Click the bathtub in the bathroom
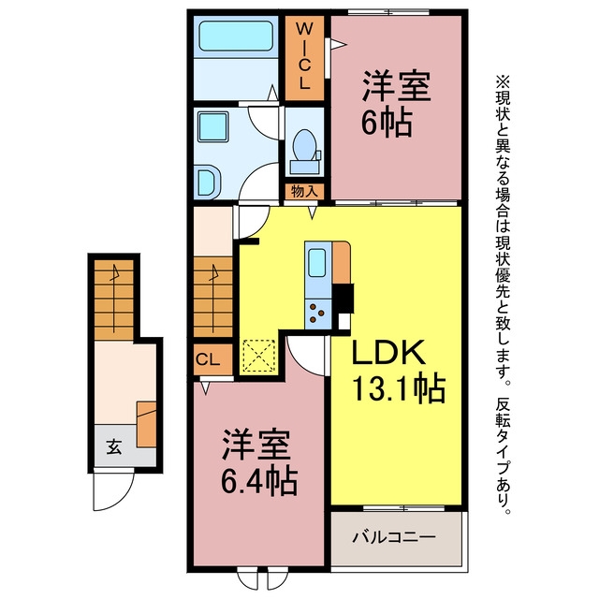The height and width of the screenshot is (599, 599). (236, 36)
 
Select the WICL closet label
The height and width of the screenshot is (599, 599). (304, 56)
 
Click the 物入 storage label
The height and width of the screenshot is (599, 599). (304, 191)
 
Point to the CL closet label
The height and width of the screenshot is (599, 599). (208, 359)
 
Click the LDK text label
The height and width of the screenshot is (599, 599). (388, 352)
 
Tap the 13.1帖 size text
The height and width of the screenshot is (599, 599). (399, 388)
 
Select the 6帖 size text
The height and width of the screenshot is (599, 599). (387, 123)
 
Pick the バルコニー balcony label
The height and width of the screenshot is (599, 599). (393, 537)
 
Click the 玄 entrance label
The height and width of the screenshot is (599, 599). (114, 446)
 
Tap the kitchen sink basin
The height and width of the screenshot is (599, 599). (316, 263)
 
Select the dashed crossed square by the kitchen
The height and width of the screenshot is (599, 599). (258, 356)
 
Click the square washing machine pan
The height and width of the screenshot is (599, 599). (213, 127)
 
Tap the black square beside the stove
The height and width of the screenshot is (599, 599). (343, 298)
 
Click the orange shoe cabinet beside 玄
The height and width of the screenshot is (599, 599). (147, 424)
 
